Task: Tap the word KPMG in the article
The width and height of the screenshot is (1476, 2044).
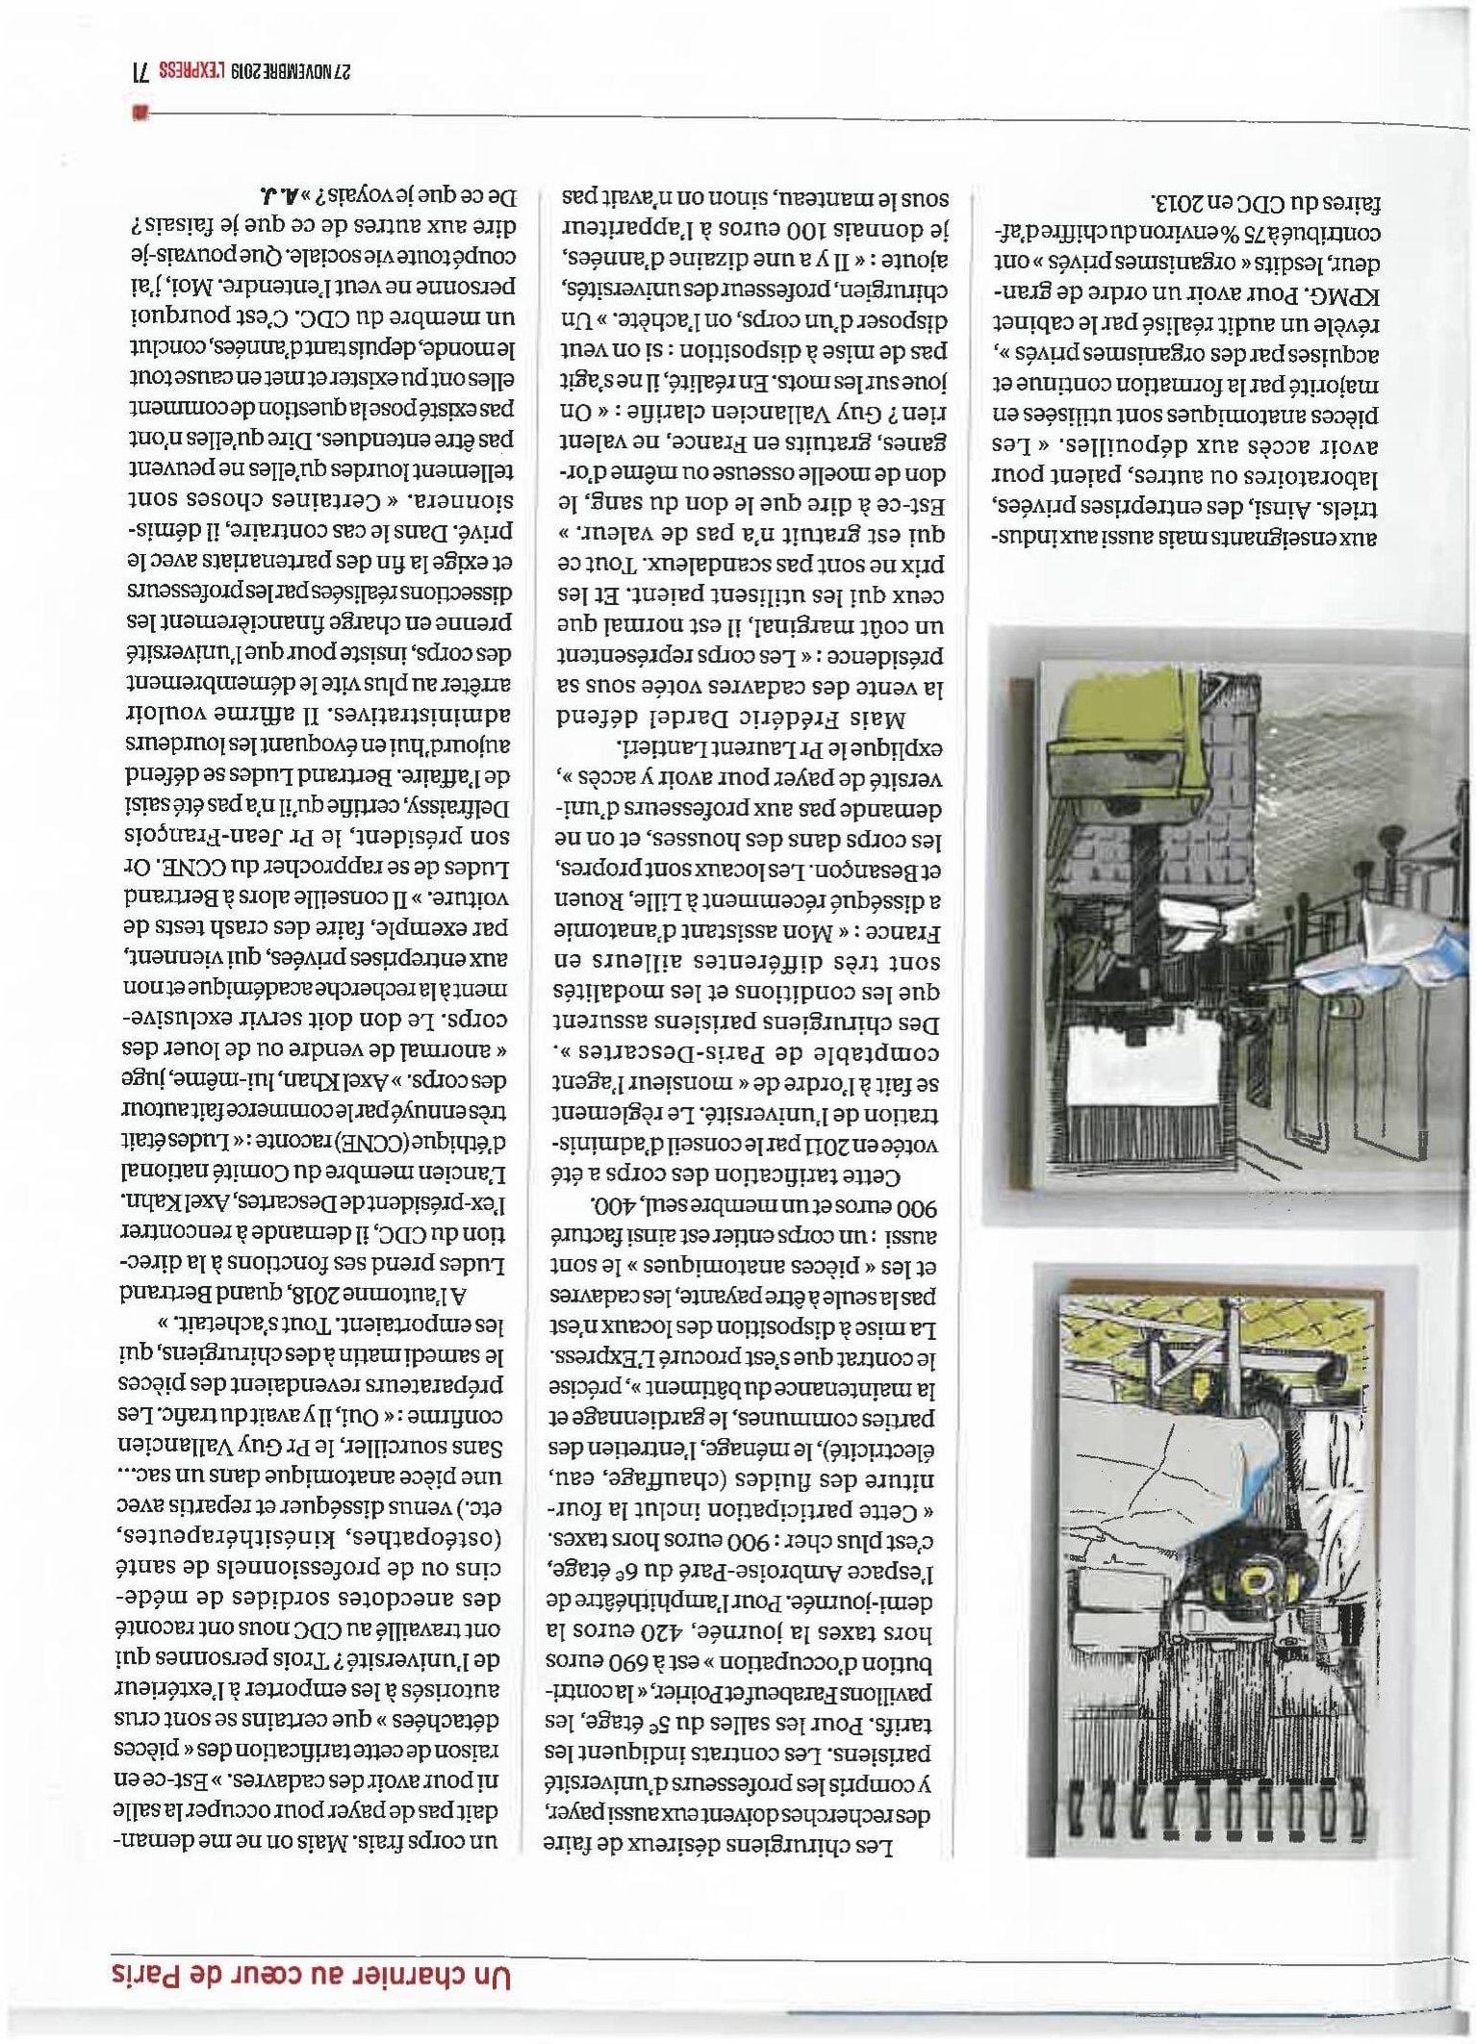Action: click(x=1337, y=294)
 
